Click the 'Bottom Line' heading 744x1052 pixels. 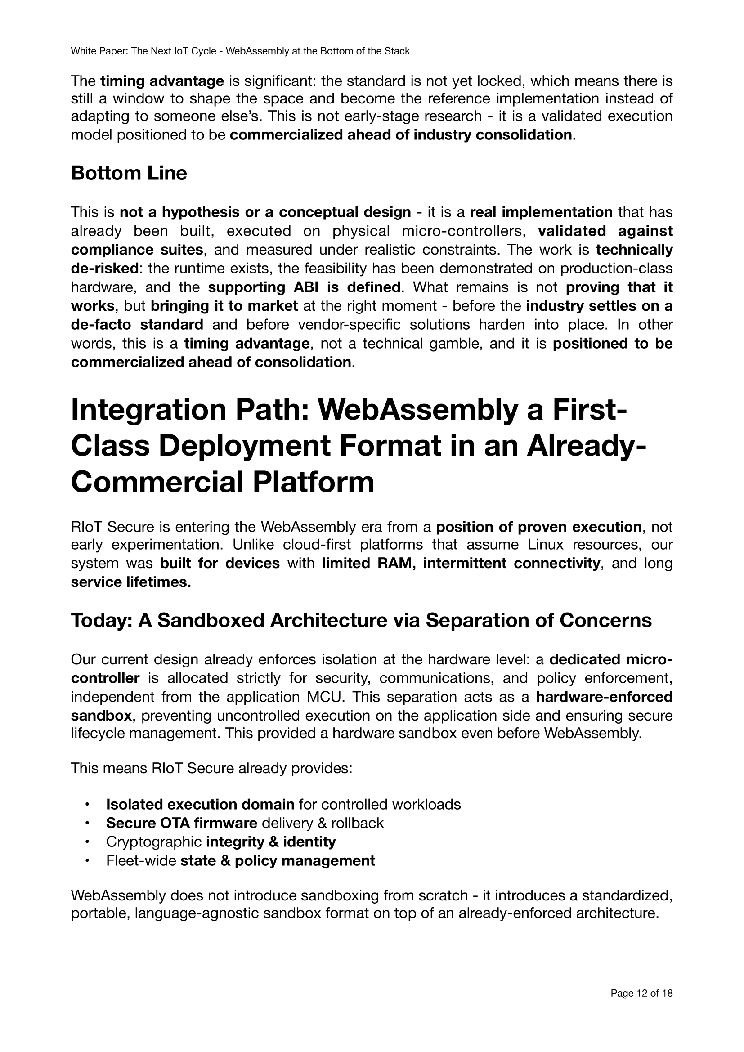[129, 174]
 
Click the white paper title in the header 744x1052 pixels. [240, 51]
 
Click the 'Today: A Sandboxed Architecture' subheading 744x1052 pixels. [361, 620]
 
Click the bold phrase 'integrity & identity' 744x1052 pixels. [271, 842]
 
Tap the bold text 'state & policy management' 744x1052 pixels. [278, 860]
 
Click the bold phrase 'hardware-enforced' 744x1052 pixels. [604, 697]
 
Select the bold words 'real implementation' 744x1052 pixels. [541, 212]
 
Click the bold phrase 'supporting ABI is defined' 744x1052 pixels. [304, 287]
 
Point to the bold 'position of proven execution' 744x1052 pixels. [538, 527]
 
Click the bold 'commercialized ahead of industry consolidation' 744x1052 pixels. [401, 135]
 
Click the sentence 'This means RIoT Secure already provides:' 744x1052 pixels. [211, 768]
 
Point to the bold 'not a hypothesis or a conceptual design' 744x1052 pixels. [265, 212]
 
